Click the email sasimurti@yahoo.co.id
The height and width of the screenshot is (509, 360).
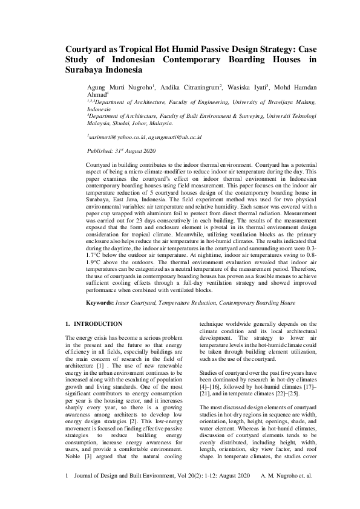112,137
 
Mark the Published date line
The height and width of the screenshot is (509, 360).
122,150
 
